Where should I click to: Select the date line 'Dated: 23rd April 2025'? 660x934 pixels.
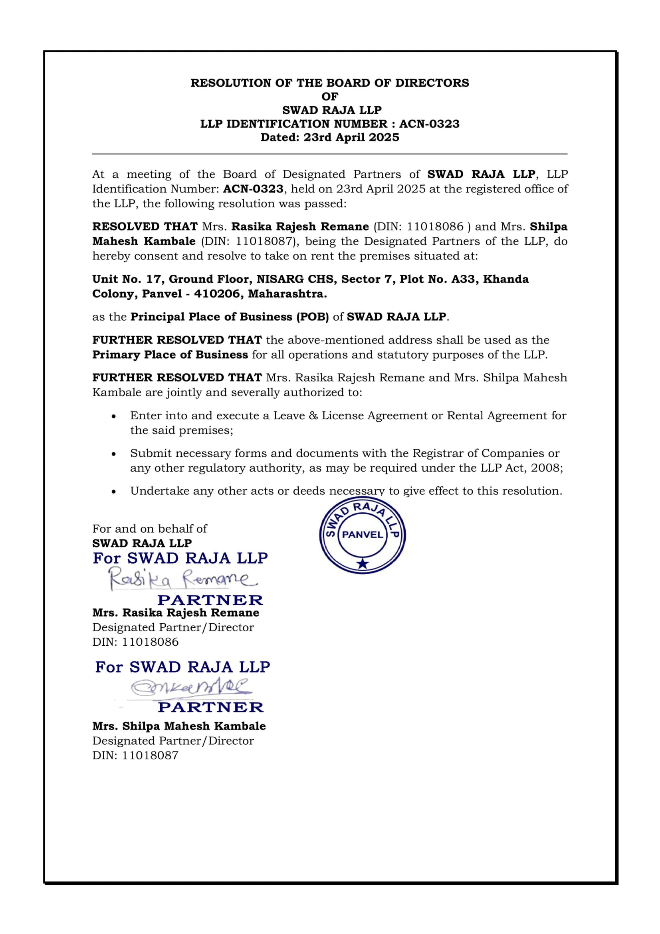click(x=330, y=137)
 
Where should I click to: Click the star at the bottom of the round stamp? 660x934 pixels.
click(x=362, y=563)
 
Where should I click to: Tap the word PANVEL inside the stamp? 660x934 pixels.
click(x=362, y=535)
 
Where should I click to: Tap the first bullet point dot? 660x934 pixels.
click(x=115, y=416)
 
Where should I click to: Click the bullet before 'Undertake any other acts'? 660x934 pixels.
click(x=115, y=492)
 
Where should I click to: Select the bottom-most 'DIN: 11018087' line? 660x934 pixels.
click(x=135, y=756)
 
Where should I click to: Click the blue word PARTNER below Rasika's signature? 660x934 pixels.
click(x=210, y=600)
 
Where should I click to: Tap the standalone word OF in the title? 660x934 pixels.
click(x=330, y=97)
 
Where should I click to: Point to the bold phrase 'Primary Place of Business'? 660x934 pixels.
click(x=170, y=355)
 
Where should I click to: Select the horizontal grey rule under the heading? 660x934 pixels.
click(x=330, y=154)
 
